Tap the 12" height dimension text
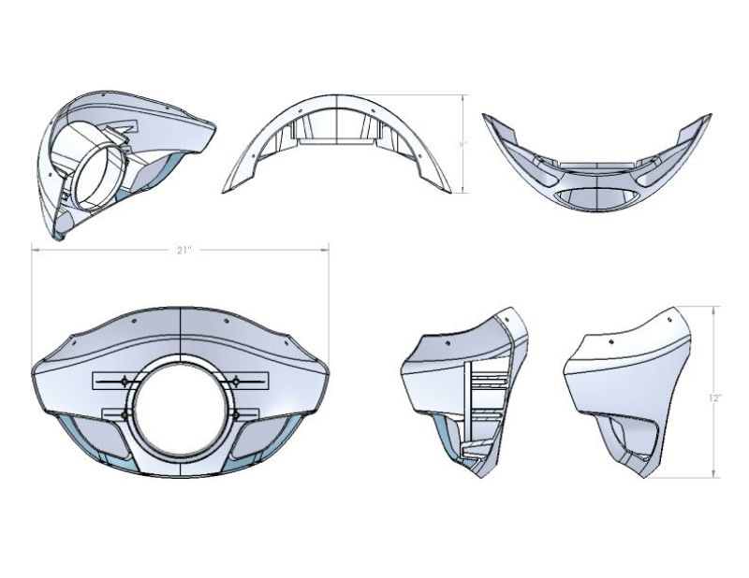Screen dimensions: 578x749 pos(714,397)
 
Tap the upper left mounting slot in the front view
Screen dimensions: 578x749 pos(123,380)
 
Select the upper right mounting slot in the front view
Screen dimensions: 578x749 pos(239,380)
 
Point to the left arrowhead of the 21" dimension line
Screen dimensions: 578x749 pos(35,250)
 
